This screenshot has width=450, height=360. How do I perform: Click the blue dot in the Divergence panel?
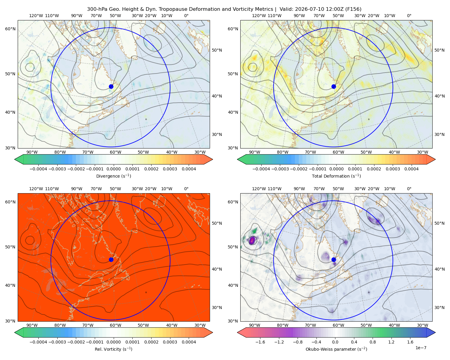111,86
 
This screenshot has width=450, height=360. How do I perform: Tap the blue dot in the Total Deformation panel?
334,86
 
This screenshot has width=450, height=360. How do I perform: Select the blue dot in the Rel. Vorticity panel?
111,259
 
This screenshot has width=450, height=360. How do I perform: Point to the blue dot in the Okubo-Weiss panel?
334,259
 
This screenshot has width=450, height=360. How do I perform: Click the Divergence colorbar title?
113,176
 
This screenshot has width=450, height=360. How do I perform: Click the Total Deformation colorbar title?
336,176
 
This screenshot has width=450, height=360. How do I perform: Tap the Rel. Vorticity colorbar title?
113,349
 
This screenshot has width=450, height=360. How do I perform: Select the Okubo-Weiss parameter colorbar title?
336,349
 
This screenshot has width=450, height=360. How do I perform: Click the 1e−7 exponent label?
421,348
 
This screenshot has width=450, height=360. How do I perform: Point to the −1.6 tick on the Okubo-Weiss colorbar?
260,342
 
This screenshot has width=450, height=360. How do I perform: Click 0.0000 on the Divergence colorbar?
113,169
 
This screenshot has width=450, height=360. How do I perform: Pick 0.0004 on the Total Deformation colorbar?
411,169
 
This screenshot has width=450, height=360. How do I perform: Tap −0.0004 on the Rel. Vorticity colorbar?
38,342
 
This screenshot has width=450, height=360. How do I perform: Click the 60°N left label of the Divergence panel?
10,29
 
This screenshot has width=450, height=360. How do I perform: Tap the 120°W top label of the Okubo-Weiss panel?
259,188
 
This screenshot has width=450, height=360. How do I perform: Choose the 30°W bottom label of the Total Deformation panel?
422,152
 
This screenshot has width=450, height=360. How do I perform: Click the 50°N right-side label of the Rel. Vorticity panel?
217,223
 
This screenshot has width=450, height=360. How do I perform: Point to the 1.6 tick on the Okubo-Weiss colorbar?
410,342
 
